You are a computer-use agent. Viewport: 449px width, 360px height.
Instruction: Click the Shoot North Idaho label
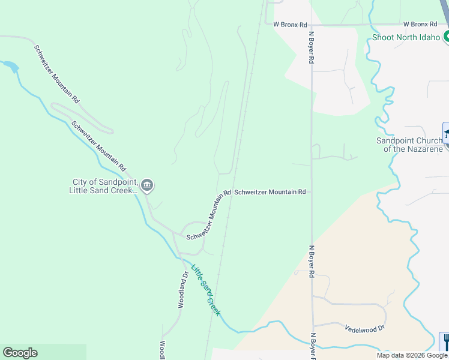[x=406, y=37]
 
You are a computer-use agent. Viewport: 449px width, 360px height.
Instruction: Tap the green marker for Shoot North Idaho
[x=446, y=37]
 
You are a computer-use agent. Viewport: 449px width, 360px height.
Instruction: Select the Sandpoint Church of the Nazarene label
[x=409, y=145]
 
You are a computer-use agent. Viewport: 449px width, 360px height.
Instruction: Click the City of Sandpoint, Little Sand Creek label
[x=105, y=186]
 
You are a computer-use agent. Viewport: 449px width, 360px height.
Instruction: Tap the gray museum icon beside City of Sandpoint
[x=147, y=186]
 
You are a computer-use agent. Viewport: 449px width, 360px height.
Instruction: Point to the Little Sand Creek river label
[x=206, y=290]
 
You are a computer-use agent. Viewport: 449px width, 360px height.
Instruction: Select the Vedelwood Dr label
[x=364, y=328]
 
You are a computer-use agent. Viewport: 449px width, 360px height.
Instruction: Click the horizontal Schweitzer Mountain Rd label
[x=270, y=192]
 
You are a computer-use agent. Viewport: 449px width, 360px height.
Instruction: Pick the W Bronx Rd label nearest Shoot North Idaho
[x=420, y=24]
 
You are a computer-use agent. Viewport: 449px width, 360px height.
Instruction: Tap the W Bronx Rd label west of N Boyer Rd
[x=290, y=25]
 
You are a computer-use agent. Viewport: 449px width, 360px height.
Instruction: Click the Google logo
[x=20, y=353]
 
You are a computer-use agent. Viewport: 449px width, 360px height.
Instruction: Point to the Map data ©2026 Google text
[x=412, y=355]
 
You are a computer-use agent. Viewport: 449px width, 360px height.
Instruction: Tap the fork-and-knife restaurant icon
[x=445, y=342]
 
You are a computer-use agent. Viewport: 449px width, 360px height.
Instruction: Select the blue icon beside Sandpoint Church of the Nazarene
[x=446, y=133]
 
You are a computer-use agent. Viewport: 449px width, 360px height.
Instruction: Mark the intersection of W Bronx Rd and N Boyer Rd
[x=311, y=25]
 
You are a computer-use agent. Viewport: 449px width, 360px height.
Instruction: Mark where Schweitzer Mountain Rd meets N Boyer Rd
[x=311, y=192]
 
